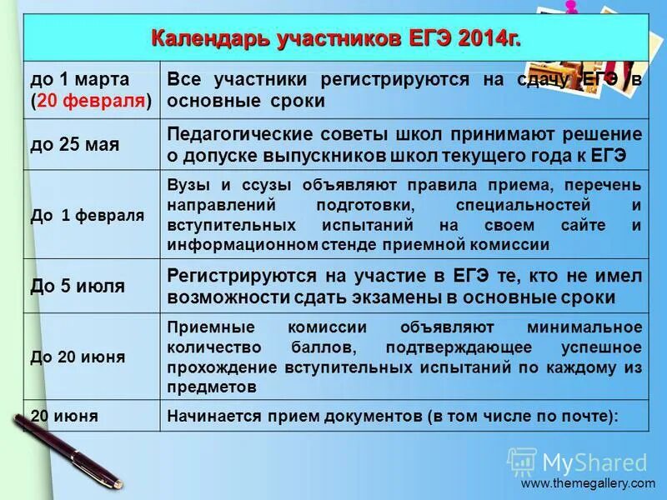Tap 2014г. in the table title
tap(483, 39)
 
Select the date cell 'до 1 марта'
tap(80, 80)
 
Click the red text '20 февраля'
tap(92, 102)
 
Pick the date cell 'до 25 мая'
tap(74, 144)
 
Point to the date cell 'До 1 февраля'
tap(87, 215)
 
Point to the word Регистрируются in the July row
tap(242, 276)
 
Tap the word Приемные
tap(207, 327)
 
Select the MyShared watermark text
tap(594, 462)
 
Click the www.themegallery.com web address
tap(588, 483)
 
